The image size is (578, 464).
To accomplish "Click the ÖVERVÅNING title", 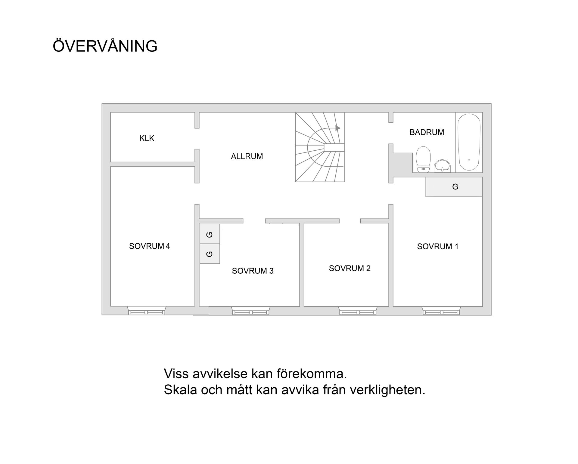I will (x=105, y=46).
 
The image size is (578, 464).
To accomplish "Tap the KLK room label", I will (x=147, y=138).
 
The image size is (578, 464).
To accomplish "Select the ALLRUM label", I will (x=247, y=156).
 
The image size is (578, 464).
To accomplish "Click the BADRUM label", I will (x=427, y=132).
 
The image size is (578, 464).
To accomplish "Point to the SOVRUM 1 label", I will (x=437, y=247).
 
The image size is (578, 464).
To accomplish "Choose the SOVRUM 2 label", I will (x=350, y=268).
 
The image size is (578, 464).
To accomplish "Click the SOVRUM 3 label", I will (x=253, y=271).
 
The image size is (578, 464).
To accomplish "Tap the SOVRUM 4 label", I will (x=149, y=246).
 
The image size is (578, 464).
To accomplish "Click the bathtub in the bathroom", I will (x=469, y=143).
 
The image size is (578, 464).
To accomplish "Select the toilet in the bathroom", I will (x=423, y=159).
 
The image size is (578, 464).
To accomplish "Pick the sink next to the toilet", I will (x=442, y=166).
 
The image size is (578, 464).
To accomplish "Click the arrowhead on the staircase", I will (x=338, y=128).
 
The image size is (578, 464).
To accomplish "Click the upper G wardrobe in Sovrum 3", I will (x=210, y=234).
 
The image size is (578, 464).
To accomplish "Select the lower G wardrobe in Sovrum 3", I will (x=210, y=254).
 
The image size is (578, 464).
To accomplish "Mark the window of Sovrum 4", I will (x=147, y=311).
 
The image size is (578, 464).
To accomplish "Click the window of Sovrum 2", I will (x=358, y=311).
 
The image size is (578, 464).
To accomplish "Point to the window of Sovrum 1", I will (x=441, y=311).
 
